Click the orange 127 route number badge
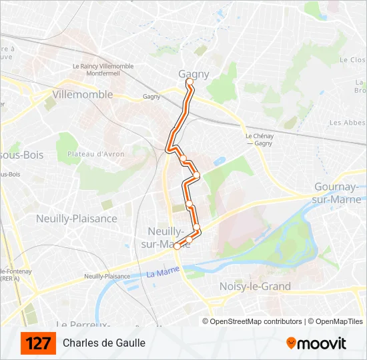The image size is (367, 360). (38, 343)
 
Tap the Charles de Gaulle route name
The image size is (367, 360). (104, 343)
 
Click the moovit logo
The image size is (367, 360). (316, 343)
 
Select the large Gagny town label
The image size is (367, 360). (194, 74)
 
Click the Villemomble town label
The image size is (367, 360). (82, 94)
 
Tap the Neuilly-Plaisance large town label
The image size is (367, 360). (77, 218)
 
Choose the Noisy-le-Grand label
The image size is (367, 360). (255, 286)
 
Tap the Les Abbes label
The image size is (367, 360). (348, 123)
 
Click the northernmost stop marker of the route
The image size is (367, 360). (190, 82)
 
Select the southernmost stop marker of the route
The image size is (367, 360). (177, 245)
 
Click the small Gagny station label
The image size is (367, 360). (151, 97)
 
